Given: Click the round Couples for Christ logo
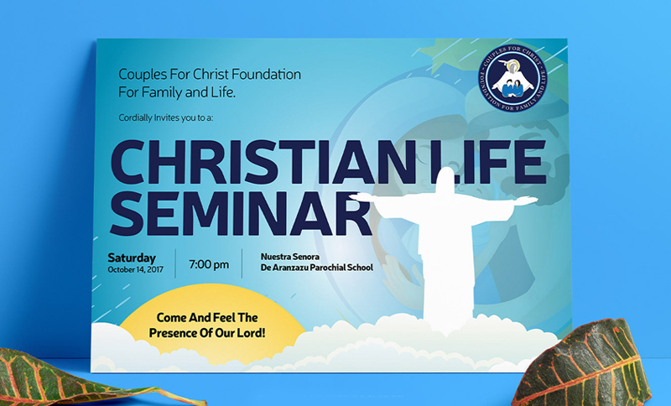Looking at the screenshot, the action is click(512, 78).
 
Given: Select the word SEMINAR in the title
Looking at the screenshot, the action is click(241, 212).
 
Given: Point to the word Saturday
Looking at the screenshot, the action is click(132, 258).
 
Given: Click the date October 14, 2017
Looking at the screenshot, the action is click(136, 270).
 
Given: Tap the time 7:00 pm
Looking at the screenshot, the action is click(209, 264).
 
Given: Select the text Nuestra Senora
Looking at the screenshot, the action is click(290, 257).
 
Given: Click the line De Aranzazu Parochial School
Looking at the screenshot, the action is click(317, 268).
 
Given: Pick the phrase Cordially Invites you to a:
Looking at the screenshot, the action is click(165, 117).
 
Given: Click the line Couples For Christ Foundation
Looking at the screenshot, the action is click(210, 74).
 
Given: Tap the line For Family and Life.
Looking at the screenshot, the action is click(177, 92).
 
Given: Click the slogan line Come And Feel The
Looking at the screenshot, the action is click(207, 317).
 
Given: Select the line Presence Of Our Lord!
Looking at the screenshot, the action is click(207, 333).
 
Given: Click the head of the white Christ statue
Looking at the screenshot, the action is click(445, 179).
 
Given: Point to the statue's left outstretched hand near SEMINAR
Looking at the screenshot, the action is click(359, 197).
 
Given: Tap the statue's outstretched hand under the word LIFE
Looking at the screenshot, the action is click(528, 200).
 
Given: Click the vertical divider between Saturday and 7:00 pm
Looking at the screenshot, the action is click(175, 263).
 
